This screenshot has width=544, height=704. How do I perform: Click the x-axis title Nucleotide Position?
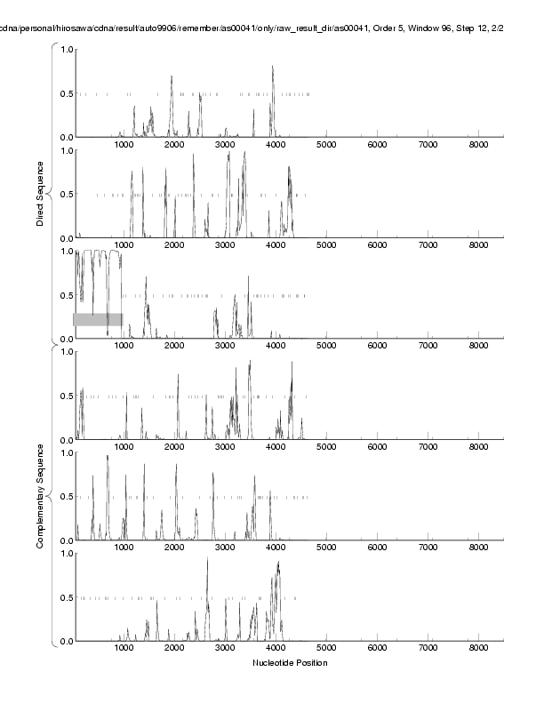290,663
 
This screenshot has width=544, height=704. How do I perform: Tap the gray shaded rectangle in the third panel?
98,319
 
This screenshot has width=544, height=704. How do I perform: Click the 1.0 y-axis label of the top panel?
65,49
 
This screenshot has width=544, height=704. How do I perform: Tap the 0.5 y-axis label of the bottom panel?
65,597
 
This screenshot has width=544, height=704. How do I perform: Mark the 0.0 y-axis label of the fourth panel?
65,440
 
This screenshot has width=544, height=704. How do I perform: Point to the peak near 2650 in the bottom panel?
207,558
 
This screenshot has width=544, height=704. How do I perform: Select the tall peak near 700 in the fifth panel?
108,456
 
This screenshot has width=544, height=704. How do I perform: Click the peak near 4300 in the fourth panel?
292,363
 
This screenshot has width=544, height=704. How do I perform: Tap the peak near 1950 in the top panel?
172,76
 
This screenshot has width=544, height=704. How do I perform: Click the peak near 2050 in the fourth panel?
178,375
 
